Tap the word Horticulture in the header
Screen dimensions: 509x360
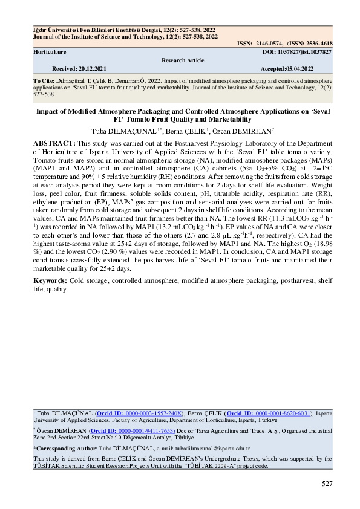(x=50, y=53)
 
